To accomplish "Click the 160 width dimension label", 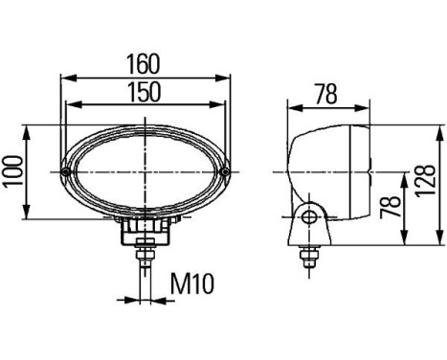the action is [x=143, y=63].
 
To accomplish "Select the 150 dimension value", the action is [x=144, y=92].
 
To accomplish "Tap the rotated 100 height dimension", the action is [x=14, y=170].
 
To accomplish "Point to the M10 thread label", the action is [x=192, y=283].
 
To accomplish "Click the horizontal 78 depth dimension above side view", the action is [x=326, y=94].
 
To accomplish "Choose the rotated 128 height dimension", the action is [x=425, y=181].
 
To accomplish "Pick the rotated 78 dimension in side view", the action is [x=391, y=207].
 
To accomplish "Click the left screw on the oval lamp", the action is [x=66, y=172].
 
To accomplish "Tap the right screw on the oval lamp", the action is [x=225, y=172].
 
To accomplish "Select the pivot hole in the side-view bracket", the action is [x=309, y=217].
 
